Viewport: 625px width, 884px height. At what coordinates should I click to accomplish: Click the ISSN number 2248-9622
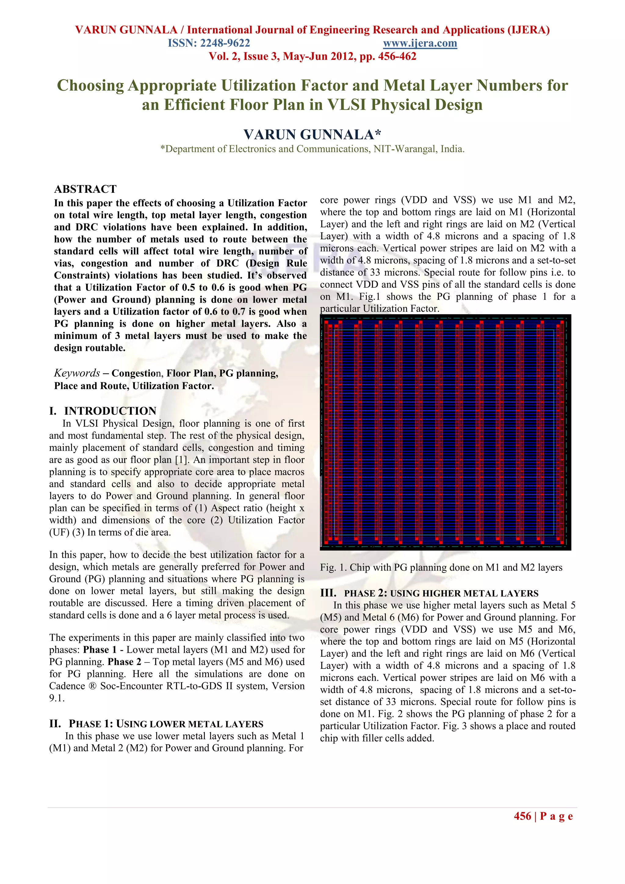pyautogui.click(x=225, y=43)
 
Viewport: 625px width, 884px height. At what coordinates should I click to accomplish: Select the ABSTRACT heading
pyautogui.click(x=85, y=189)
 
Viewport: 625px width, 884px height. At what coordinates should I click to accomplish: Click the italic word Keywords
pyautogui.click(x=77, y=373)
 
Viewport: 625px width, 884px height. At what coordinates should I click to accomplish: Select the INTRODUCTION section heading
pyautogui.click(x=110, y=411)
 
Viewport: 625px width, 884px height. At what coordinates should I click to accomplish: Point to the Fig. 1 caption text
pyautogui.click(x=441, y=568)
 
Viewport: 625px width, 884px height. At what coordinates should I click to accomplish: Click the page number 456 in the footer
pyautogui.click(x=522, y=816)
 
